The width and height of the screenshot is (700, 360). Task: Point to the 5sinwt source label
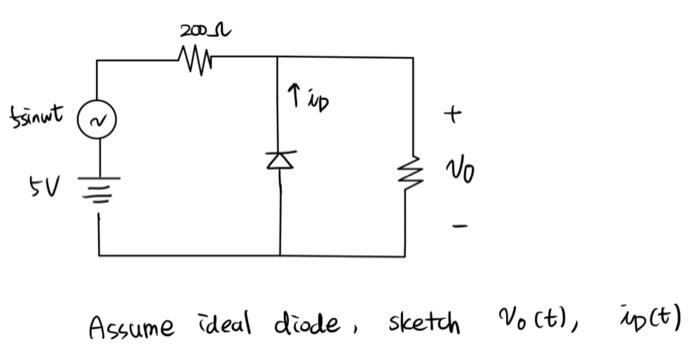[39, 115]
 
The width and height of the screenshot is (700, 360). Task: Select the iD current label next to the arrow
[318, 102]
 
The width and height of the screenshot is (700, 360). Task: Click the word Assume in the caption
[130, 325]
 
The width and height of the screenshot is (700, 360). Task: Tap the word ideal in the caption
[216, 323]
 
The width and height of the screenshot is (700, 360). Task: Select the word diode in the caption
[299, 323]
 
